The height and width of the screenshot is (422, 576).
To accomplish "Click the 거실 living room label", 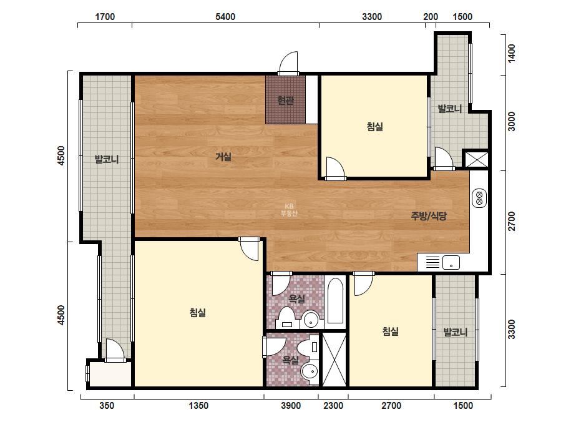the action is (x=223, y=157).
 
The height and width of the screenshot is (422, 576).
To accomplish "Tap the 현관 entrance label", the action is (x=286, y=100).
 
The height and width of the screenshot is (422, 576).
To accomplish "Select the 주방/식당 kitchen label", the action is (x=429, y=216).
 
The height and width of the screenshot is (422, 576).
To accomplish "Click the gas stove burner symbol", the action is (x=479, y=198).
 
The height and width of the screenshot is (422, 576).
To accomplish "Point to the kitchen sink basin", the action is (x=451, y=262).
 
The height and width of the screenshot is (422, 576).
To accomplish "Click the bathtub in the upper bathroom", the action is (x=335, y=301).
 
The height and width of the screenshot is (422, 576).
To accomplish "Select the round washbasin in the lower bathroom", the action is (x=310, y=372).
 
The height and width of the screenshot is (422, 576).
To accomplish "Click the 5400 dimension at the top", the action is (x=225, y=16).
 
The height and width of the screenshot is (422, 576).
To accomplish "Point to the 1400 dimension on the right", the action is (x=511, y=54).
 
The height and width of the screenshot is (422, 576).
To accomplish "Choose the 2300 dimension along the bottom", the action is (x=333, y=406).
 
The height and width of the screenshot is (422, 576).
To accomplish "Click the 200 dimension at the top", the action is (x=431, y=16).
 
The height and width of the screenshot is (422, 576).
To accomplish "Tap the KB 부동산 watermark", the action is (x=289, y=210).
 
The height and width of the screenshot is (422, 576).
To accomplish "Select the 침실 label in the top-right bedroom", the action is (x=374, y=127).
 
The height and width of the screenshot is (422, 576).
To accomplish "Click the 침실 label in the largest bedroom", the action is (x=198, y=313).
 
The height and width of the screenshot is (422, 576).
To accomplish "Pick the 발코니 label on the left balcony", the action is (x=107, y=160).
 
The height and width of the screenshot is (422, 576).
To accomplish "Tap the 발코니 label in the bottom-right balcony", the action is (x=456, y=332).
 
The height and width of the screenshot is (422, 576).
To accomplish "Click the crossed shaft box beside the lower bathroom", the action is (x=334, y=359).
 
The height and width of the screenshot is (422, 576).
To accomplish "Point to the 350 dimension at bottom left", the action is (x=107, y=406).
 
